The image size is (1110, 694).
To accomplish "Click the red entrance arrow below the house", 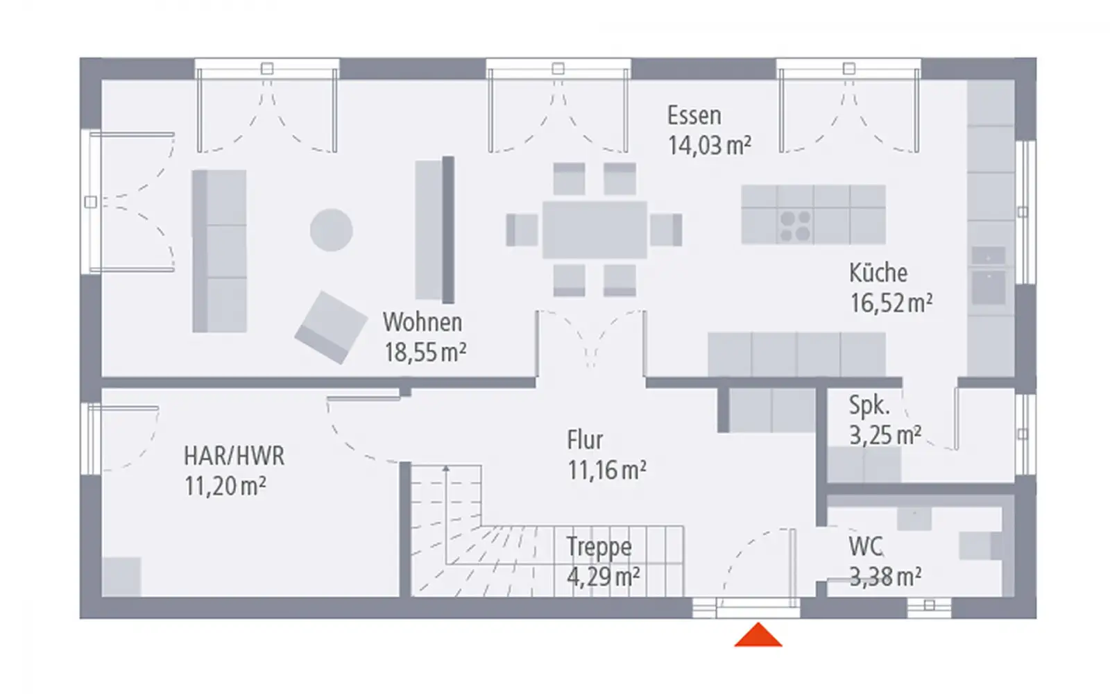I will pyautogui.click(x=758, y=636).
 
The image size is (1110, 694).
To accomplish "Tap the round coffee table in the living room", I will pyautogui.click(x=331, y=230).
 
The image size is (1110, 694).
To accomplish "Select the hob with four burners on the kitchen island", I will pyautogui.click(x=795, y=226).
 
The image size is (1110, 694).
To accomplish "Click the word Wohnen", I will pyautogui.click(x=422, y=322).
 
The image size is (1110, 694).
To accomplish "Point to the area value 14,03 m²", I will pyautogui.click(x=709, y=146).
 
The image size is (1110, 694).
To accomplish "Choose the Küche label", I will pyautogui.click(x=878, y=273).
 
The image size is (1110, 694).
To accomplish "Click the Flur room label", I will pyautogui.click(x=585, y=440).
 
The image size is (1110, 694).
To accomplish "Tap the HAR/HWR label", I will pyautogui.click(x=234, y=456).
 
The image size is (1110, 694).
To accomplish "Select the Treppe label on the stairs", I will pyautogui.click(x=599, y=547).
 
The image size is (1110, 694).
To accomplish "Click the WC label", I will pyautogui.click(x=865, y=547).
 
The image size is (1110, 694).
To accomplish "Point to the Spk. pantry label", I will pyautogui.click(x=869, y=405).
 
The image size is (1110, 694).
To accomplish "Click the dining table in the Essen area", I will pyautogui.click(x=595, y=230).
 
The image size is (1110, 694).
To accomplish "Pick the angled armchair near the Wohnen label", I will pyautogui.click(x=331, y=328).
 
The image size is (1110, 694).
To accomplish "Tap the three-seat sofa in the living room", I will pyautogui.click(x=219, y=251).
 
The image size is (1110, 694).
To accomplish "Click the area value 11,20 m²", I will pyautogui.click(x=225, y=486).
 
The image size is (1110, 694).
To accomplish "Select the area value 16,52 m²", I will pyautogui.click(x=891, y=303).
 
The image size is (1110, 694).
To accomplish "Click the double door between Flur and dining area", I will pyautogui.click(x=590, y=340).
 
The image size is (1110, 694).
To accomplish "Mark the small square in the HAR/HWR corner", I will pyautogui.click(x=121, y=577).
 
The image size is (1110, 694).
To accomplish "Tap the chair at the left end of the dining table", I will pyautogui.click(x=522, y=230).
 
